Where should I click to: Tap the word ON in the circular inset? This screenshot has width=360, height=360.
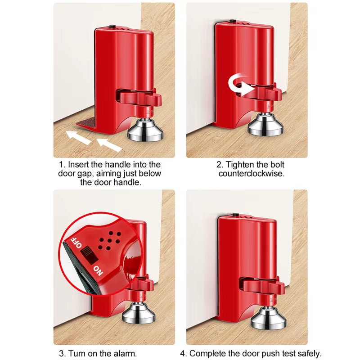pos(98,271)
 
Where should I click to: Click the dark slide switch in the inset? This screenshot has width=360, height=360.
pos(89,255)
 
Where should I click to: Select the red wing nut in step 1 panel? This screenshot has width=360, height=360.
pos(140,98)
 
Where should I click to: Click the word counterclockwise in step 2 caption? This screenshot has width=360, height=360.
pos(252,174)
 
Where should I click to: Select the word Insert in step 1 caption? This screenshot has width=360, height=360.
pos(78,165)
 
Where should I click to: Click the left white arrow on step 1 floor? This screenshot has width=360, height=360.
pos(78,137)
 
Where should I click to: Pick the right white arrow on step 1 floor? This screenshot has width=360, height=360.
pos(109,145)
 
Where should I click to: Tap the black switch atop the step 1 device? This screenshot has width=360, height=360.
pos(112,27)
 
